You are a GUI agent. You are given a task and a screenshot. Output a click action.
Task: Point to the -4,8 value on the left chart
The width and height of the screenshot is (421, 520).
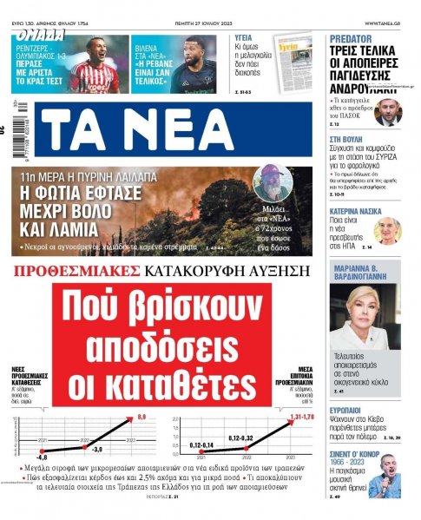click(41, 456)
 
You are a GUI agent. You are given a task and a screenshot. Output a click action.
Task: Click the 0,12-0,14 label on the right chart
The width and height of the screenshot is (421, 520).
click(201, 446)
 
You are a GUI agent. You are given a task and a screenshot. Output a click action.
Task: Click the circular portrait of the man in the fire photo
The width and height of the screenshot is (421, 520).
click(269, 185)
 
